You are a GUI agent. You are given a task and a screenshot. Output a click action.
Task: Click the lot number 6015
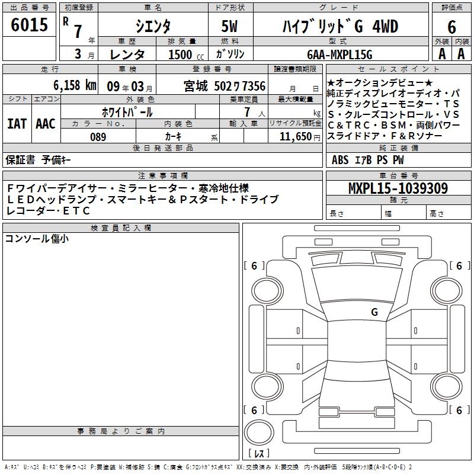point(29,24)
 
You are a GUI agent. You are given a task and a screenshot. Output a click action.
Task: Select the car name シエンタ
point(153,26)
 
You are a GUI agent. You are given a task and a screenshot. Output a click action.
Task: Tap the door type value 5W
point(229,26)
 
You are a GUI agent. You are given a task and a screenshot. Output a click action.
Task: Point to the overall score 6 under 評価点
point(451,27)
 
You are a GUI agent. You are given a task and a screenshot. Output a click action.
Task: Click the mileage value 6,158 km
point(75,85)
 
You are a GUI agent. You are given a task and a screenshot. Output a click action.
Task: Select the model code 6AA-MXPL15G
point(340,55)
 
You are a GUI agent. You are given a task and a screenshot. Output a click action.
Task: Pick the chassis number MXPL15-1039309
point(398,188)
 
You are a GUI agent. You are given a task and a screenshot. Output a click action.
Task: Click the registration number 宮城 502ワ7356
point(225,86)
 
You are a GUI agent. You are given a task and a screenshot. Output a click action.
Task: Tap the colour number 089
point(98,137)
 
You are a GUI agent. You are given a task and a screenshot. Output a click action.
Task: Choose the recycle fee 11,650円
point(300,137)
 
